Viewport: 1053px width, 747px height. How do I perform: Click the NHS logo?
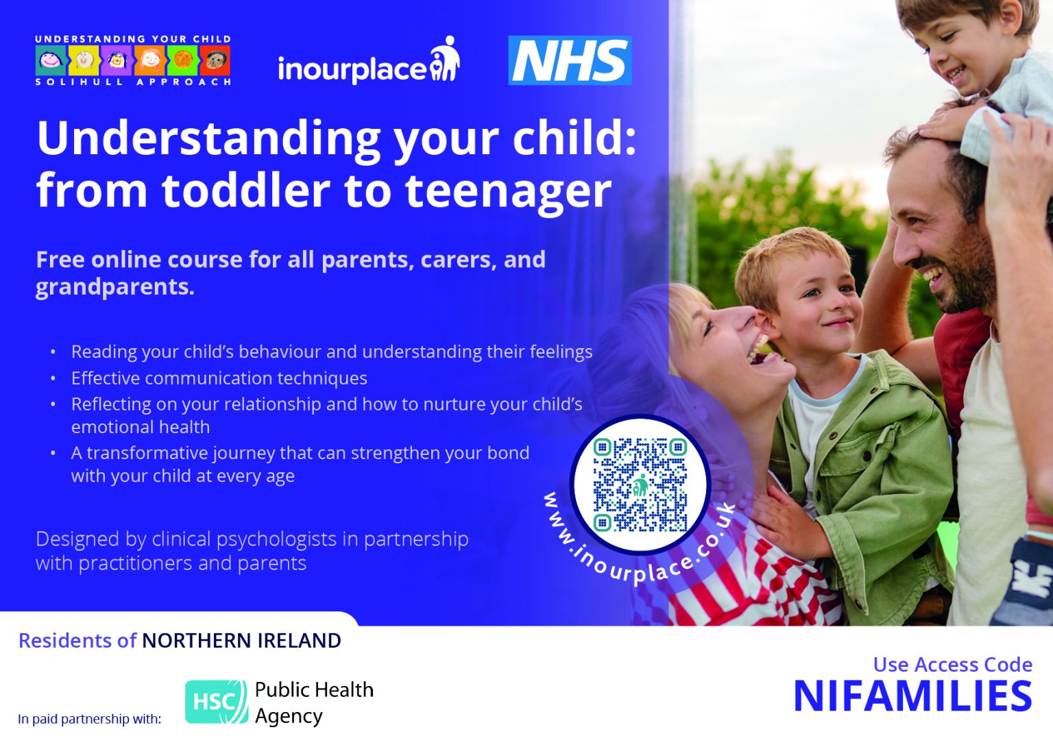570,60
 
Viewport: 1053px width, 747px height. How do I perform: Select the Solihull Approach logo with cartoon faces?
133,61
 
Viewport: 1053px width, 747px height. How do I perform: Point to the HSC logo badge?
216,702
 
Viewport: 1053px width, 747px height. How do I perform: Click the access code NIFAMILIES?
912,697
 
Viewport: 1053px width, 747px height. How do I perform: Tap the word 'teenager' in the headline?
508,191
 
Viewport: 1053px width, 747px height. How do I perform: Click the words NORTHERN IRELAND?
241,641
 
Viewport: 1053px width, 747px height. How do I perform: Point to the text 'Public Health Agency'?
314,702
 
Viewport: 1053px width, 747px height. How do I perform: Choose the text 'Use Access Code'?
952,664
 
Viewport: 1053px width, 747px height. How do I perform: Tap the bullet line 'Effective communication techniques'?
219,378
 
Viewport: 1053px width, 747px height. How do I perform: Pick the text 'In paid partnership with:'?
90,719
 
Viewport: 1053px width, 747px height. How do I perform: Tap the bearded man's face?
939,233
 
